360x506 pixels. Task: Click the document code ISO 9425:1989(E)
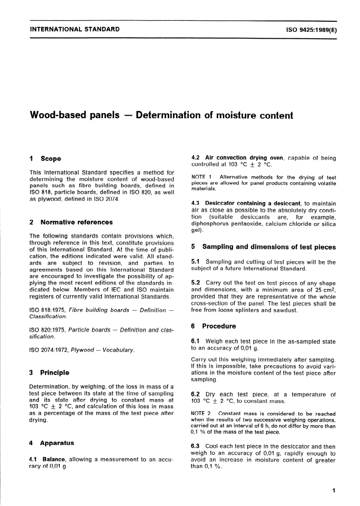pyautogui.click(x=308, y=29)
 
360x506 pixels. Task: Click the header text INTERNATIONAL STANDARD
pyautogui.click(x=75, y=29)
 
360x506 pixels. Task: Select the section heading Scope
pyautogui.click(x=51, y=159)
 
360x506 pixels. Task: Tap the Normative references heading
pyautogui.click(x=77, y=222)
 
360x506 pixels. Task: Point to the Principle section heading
pyautogui.click(x=55, y=373)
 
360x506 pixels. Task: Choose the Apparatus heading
pyautogui.click(x=57, y=443)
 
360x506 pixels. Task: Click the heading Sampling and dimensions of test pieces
pyautogui.click(x=269, y=247)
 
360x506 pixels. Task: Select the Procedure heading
pyautogui.click(x=219, y=326)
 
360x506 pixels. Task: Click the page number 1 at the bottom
pyautogui.click(x=333, y=491)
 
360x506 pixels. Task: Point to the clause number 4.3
pyautogui.click(x=196, y=204)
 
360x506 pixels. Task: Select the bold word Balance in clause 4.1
pyautogui.click(x=54, y=459)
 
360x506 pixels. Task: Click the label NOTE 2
pyautogui.click(x=201, y=414)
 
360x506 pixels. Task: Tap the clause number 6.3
pyautogui.click(x=196, y=446)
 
